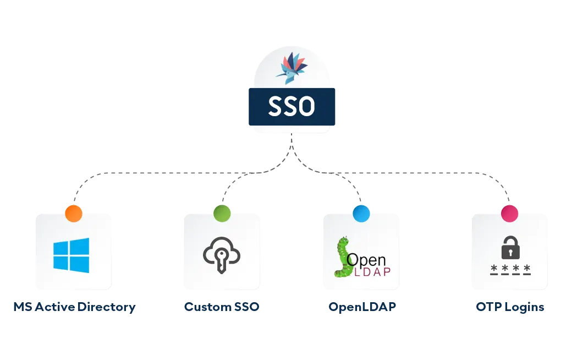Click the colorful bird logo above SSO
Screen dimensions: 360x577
click(x=292, y=68)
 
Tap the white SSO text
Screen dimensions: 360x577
click(x=292, y=107)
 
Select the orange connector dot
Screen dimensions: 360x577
click(x=74, y=214)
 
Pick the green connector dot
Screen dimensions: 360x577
click(x=222, y=214)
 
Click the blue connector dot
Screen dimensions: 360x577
click(x=361, y=214)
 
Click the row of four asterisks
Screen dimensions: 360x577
click(x=510, y=269)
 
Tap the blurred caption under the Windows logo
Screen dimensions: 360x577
click(x=74, y=307)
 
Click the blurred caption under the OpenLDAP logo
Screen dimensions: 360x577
click(x=361, y=307)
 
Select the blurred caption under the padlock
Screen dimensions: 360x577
click(x=510, y=307)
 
